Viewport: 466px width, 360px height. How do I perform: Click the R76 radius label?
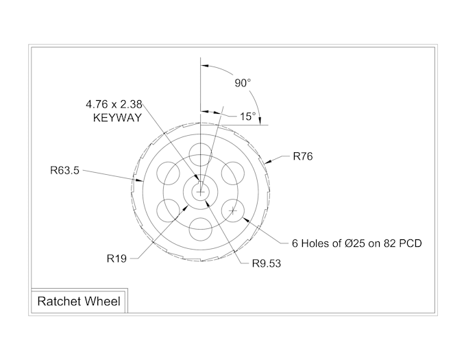pyautogui.click(x=302, y=156)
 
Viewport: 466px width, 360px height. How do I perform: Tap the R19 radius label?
pyautogui.click(x=116, y=259)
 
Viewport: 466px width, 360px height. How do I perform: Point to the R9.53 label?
pyautogui.click(x=267, y=263)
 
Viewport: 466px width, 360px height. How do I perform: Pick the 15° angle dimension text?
pyautogui.click(x=247, y=117)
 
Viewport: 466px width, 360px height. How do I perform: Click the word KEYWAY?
pyautogui.click(x=117, y=118)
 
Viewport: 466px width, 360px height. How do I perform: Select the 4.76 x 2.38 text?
pyautogui.click(x=114, y=104)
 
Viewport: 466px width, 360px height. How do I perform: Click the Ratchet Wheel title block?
pyautogui.click(x=78, y=301)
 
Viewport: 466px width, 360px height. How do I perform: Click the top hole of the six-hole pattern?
pyautogui.click(x=201, y=154)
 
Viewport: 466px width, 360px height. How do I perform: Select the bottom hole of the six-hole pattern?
pyautogui.click(x=201, y=229)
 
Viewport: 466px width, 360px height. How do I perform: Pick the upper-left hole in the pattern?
pyautogui.click(x=169, y=173)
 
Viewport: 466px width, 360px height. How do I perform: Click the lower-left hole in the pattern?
pyautogui.click(x=169, y=211)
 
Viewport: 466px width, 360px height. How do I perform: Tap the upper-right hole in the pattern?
pyautogui.click(x=233, y=173)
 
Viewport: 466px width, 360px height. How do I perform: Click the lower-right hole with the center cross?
pyautogui.click(x=233, y=211)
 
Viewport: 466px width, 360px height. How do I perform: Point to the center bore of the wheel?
pyautogui.click(x=201, y=192)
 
